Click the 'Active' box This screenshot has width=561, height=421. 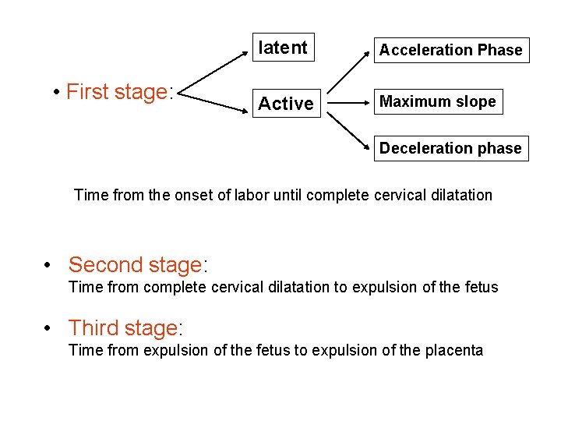tap(286, 103)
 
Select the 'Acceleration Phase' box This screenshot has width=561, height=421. tap(450, 50)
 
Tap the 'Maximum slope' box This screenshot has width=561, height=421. tap(437, 101)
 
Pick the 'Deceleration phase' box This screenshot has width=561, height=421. tap(450, 148)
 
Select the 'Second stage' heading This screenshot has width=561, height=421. tap(137, 265)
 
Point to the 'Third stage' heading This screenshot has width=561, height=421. tap(125, 328)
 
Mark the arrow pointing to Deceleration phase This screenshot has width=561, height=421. tap(349, 129)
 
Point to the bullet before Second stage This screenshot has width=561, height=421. tap(48, 265)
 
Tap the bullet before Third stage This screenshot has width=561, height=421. tap(48, 328)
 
